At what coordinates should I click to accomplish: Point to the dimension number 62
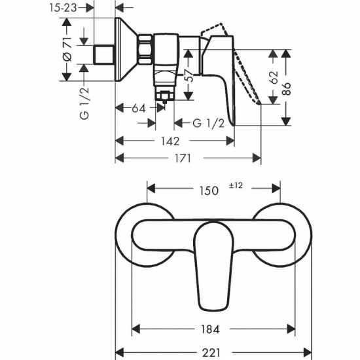click(273, 76)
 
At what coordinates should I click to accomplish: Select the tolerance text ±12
click(236, 186)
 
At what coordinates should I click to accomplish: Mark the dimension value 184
click(207, 328)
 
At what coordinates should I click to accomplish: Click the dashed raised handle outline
click(242, 69)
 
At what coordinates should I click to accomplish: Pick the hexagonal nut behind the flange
click(145, 50)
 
